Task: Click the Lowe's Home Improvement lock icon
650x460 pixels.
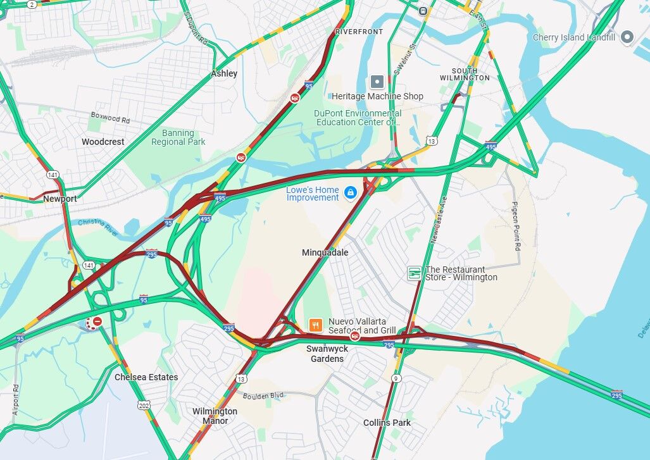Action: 350,192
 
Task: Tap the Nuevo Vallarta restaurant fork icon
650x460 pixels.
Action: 315,325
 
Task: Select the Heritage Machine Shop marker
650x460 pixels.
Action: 377,82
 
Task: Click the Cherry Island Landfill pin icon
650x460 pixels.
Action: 627,37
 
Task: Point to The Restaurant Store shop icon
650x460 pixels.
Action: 414,273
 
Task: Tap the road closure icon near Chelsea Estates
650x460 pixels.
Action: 97,322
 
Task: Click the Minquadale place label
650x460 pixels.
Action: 325,252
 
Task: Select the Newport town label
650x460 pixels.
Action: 60,199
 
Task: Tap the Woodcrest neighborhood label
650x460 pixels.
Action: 103,142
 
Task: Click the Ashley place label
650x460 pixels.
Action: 224,73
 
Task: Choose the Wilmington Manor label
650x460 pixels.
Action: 215,416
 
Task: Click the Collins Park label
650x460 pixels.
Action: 387,423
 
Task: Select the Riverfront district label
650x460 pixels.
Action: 359,31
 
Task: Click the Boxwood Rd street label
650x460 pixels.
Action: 110,118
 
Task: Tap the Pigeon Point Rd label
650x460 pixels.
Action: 516,226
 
